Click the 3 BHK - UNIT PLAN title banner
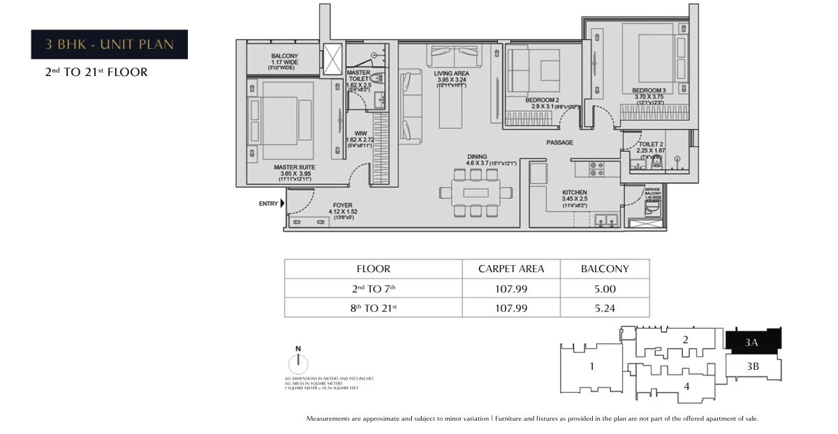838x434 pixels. [109, 45]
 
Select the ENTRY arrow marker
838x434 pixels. [283, 204]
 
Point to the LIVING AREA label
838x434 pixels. [451, 73]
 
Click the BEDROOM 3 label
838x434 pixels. [649, 91]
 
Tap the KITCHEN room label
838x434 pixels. [575, 193]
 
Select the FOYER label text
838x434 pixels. [342, 205]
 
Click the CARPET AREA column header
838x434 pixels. [510, 269]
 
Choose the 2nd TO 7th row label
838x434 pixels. [373, 288]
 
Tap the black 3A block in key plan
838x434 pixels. [753, 341]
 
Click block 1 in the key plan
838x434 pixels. [591, 366]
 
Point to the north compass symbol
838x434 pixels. [298, 363]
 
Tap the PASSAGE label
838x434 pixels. [559, 142]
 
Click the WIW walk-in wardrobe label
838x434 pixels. [360, 132]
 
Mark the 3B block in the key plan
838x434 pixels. [753, 366]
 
